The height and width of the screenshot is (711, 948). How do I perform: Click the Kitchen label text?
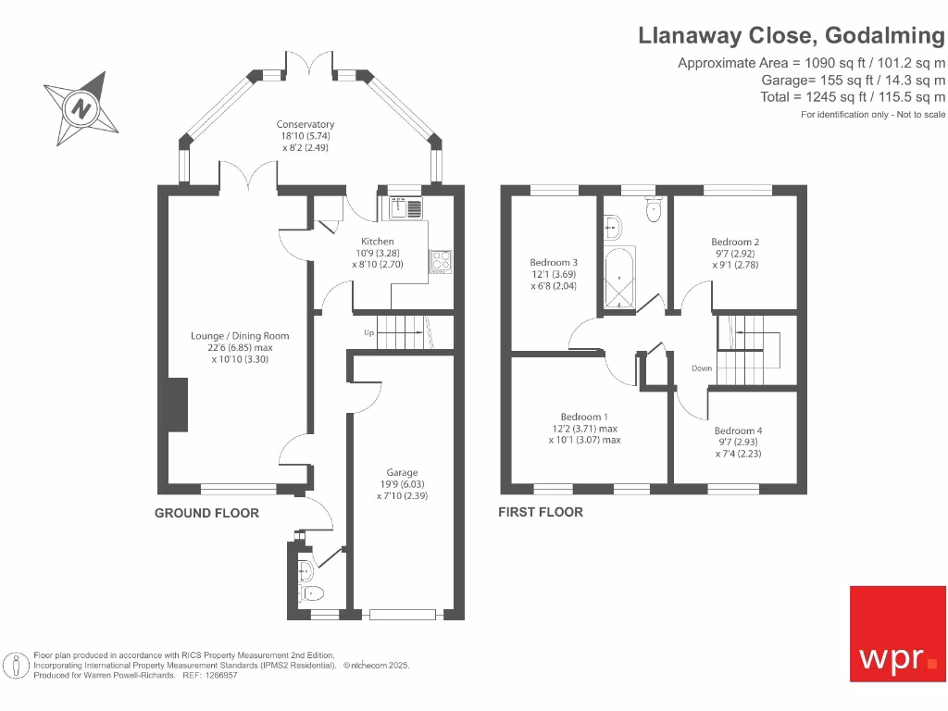pyautogui.click(x=378, y=242)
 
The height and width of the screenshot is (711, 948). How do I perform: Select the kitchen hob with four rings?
pyautogui.click(x=441, y=262)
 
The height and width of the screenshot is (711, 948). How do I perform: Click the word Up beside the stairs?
pyautogui.click(x=368, y=332)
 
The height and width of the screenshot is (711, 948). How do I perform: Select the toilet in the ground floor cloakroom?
pyautogui.click(x=312, y=593)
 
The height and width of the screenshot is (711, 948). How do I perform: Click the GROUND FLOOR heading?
pyautogui.click(x=206, y=513)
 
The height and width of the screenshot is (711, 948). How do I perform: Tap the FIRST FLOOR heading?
pyautogui.click(x=541, y=512)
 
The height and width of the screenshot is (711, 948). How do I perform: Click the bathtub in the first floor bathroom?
pyautogui.click(x=619, y=279)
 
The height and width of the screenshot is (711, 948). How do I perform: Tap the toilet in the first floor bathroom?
pyautogui.click(x=654, y=209)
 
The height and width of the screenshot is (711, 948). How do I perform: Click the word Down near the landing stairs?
pyautogui.click(x=702, y=368)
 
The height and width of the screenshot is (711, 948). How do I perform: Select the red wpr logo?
pyautogui.click(x=898, y=634)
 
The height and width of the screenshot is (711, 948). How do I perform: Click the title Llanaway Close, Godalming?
pyautogui.click(x=792, y=35)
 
